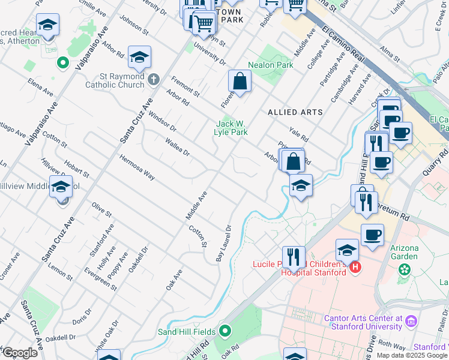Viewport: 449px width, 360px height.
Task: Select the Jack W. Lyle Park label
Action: coord(232,128)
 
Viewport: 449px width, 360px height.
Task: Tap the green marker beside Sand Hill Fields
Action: coord(225,331)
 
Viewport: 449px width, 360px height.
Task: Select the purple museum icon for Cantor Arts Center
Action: coord(411,321)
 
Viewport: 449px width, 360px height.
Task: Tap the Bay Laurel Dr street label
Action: coord(223,244)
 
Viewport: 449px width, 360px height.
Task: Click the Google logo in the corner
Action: coord(19,353)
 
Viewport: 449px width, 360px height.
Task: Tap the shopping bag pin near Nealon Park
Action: coord(240,81)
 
